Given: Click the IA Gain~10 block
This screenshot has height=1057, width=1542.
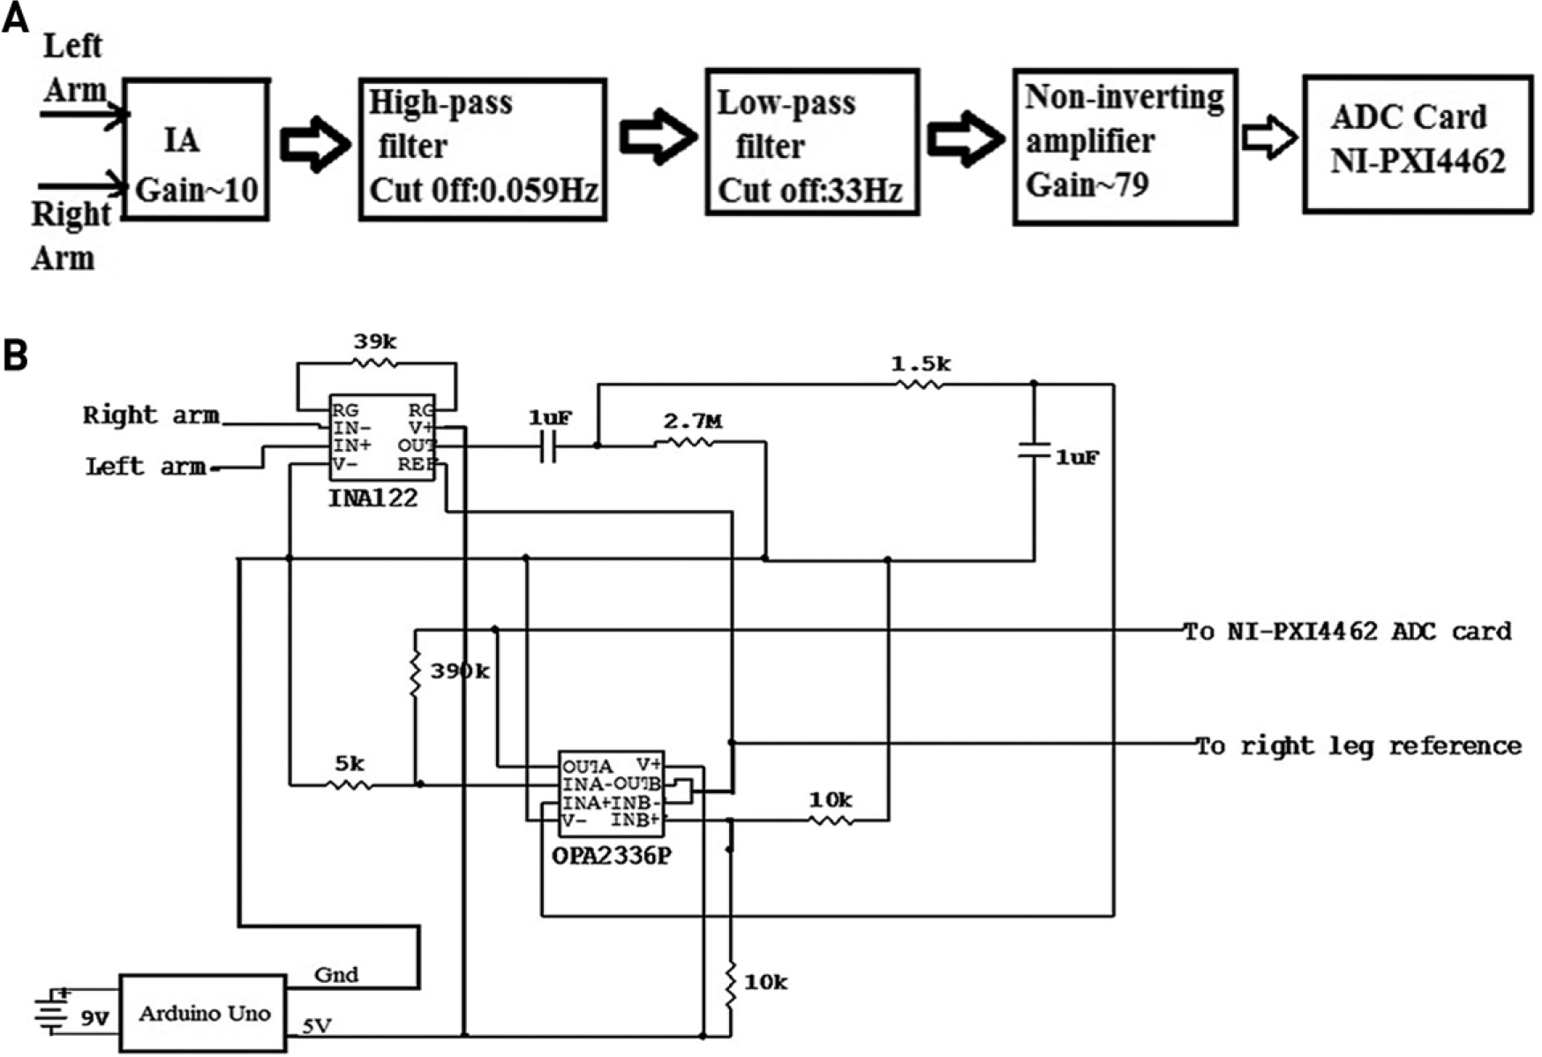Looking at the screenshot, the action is pyautogui.click(x=195, y=149).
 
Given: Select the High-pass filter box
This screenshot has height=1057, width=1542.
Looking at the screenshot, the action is pyautogui.click(x=483, y=149).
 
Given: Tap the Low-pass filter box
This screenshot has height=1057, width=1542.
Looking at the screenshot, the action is pyautogui.click(x=812, y=141).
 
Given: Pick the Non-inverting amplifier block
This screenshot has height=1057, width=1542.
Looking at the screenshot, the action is pyautogui.click(x=1125, y=146).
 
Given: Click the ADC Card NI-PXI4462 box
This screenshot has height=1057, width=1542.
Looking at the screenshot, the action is pyautogui.click(x=1418, y=144).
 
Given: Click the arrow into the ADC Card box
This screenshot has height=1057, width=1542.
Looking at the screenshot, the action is pyautogui.click(x=1269, y=137).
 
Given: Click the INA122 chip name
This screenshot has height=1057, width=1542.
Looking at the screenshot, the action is pyautogui.click(x=372, y=499).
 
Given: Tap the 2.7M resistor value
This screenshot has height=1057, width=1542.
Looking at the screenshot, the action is pyautogui.click(x=692, y=422).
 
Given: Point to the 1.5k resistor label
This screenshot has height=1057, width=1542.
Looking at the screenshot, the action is pyautogui.click(x=921, y=363).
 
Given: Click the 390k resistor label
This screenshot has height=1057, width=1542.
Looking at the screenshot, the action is pyautogui.click(x=459, y=671).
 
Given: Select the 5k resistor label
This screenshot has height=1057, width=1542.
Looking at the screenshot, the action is pyautogui.click(x=349, y=761).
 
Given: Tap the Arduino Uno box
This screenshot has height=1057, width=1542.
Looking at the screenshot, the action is pyautogui.click(x=203, y=1013).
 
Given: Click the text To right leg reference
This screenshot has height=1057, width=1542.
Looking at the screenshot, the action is pyautogui.click(x=1358, y=746).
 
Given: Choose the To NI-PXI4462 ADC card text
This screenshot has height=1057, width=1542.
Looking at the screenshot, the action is pyautogui.click(x=1347, y=632).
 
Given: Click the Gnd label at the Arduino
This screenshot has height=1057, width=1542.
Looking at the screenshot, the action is pyautogui.click(x=336, y=974).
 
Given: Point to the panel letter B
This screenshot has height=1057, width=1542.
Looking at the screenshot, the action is pyautogui.click(x=16, y=355).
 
